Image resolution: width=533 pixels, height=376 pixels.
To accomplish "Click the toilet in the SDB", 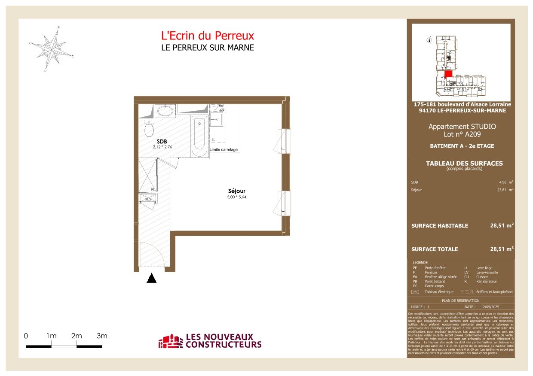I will [x=149, y=128].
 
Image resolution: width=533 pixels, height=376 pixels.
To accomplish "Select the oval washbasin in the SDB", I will [x=165, y=111].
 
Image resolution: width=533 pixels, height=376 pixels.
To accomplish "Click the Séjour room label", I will [x=237, y=191].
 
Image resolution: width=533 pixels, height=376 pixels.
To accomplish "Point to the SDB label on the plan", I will [x=162, y=141].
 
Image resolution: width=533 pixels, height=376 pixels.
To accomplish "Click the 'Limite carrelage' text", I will [x=224, y=149].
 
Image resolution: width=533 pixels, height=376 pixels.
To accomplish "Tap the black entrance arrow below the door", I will [x=151, y=279].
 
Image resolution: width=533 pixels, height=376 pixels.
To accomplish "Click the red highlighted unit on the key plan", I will [x=448, y=74].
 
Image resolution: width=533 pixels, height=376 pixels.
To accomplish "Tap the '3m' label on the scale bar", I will [x=101, y=336].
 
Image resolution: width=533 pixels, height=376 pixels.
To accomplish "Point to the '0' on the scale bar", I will [x=26, y=336].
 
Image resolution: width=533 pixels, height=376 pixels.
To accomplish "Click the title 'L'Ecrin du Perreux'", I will [x=207, y=36].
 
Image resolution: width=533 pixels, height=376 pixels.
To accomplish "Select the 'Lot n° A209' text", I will [x=462, y=135].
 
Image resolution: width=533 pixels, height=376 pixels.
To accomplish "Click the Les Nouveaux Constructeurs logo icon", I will [x=171, y=342].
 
